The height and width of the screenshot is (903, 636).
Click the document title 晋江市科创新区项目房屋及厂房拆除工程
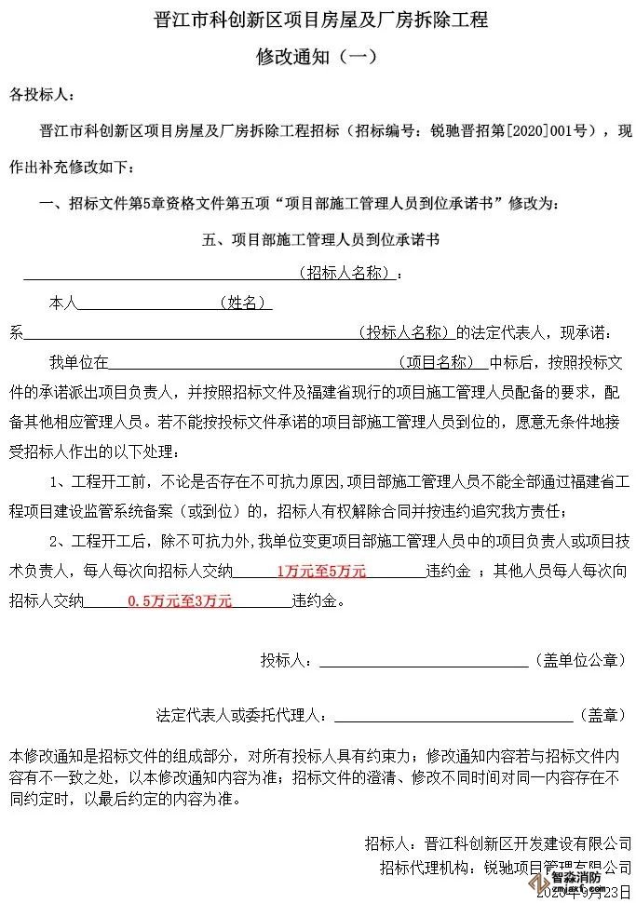point(320,20)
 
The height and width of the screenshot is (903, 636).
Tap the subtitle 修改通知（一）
point(317,56)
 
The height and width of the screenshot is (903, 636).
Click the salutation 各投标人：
point(38,96)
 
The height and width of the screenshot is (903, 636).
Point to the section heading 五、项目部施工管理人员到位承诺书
point(320,239)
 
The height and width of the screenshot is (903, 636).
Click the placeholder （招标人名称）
point(352,274)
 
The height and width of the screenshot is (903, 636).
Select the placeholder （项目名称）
point(442,361)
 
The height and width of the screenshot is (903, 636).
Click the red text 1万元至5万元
point(321,571)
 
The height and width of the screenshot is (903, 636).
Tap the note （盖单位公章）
point(580,660)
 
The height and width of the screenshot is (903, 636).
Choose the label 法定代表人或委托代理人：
point(243,715)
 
